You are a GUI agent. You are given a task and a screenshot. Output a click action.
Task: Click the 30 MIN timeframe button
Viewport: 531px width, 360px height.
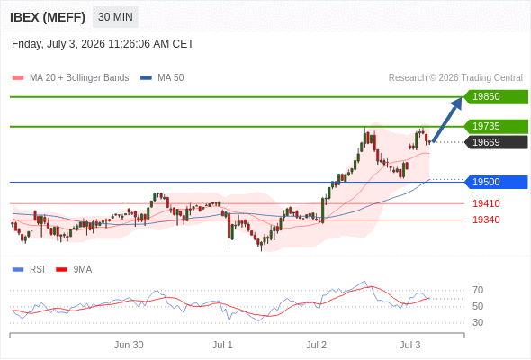click(115, 17)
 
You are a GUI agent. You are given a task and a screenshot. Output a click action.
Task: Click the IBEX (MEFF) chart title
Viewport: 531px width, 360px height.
click(48, 17)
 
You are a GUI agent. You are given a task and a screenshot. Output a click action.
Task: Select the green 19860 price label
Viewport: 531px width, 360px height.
click(496, 97)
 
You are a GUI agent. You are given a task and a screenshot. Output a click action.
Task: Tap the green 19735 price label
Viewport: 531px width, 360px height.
click(496, 126)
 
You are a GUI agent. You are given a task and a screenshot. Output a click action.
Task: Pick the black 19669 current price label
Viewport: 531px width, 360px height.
click(496, 142)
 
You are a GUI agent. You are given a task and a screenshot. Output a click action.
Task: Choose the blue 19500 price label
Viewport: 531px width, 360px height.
click(496, 182)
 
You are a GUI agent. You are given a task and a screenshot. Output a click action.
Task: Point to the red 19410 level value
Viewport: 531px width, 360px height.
click(486, 203)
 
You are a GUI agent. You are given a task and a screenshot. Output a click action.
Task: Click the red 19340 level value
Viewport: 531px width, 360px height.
click(486, 220)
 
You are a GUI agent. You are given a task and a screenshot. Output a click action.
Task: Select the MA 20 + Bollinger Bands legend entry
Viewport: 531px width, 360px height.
click(70, 78)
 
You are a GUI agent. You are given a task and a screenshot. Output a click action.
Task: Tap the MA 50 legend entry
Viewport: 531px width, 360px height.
click(162, 78)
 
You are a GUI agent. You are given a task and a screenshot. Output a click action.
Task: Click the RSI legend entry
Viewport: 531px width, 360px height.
click(29, 270)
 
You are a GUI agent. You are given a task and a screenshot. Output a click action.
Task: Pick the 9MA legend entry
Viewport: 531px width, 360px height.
click(74, 270)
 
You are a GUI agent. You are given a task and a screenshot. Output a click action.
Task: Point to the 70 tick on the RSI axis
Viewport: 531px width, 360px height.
click(478, 290)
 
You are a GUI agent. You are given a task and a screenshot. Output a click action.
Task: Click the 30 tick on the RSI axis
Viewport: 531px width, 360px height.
click(478, 322)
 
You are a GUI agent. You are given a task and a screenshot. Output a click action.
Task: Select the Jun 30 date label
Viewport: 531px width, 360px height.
click(129, 345)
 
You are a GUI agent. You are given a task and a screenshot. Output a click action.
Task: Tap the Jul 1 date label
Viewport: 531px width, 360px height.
click(222, 345)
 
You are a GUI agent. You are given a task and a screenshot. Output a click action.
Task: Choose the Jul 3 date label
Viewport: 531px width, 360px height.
click(409, 345)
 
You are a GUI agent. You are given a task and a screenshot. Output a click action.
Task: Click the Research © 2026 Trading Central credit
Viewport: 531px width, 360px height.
click(455, 78)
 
